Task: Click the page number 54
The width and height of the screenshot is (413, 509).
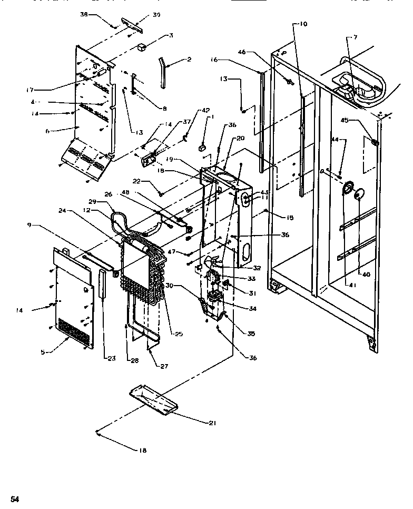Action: click(15, 499)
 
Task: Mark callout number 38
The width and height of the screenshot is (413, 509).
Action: click(84, 15)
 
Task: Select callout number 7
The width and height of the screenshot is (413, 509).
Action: click(355, 37)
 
